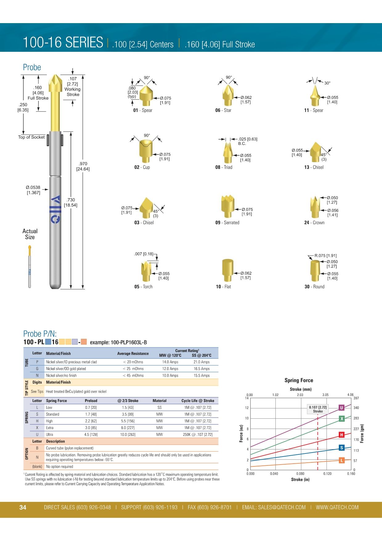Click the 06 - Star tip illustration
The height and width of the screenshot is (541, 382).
[227, 94]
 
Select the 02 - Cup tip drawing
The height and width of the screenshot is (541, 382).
[146, 151]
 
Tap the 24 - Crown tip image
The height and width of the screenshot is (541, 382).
[315, 207]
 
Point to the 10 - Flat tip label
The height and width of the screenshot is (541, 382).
[223, 287]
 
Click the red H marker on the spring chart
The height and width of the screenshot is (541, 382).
[341, 435]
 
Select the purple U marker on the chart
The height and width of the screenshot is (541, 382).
[341, 408]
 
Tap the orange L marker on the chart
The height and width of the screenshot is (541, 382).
[341, 460]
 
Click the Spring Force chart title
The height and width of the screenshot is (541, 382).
[299, 380]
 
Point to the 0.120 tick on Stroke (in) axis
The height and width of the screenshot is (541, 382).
[327, 474]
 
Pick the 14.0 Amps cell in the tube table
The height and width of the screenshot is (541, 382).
[170, 362]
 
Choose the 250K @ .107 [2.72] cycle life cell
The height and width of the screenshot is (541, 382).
[197, 435]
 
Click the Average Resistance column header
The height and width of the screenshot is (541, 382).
[133, 354]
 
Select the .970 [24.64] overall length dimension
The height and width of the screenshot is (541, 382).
[83, 166]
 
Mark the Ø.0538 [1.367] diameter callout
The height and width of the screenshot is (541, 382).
[33, 190]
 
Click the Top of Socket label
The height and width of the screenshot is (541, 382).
[31, 137]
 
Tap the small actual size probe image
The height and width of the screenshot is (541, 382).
[30, 267]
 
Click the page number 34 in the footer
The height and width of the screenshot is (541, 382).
[23, 507]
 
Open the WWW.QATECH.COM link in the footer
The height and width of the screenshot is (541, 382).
[337, 507]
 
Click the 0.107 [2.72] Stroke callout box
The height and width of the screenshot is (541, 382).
[318, 409]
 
